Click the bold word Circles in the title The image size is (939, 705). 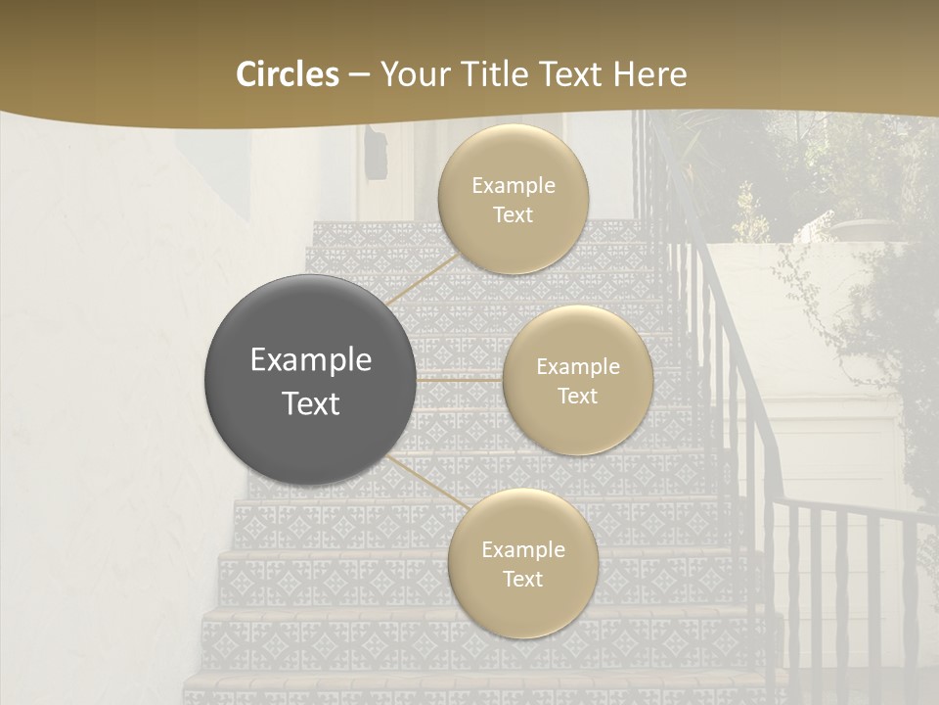pos(288,74)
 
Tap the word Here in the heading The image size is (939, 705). pos(649,74)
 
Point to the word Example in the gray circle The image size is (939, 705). pos(311,360)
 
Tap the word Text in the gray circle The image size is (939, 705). pos(311,403)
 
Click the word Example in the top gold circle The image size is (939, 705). pos(514,186)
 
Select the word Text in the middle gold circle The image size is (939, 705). pos(577,397)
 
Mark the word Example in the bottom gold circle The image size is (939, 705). pos(523,550)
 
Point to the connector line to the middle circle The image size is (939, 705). pos(460,379)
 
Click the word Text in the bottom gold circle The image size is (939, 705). pos(522,580)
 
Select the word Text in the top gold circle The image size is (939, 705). pos(513,215)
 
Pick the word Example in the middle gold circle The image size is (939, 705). pos(578,367)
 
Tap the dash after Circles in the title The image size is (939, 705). pos(359,74)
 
